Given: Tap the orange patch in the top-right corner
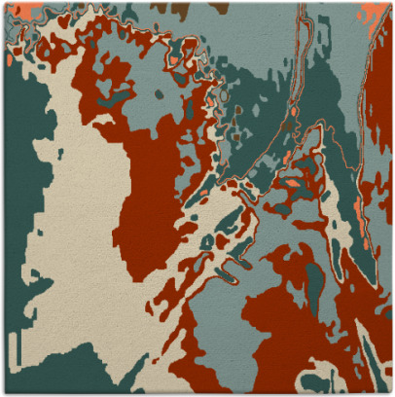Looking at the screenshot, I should pos(376,12).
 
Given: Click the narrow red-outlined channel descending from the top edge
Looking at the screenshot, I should pos(297,58).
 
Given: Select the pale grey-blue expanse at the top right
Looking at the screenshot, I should pos(341,39).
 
